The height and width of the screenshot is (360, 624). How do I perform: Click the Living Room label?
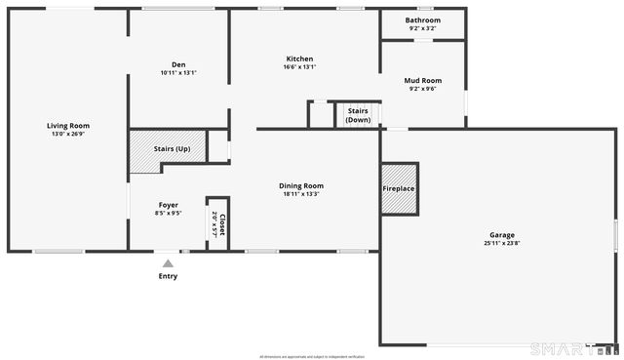[68, 125]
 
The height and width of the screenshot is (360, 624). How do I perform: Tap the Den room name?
[178, 65]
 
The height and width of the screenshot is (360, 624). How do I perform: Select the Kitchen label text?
[299, 59]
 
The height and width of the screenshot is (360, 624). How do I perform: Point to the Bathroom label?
[422, 20]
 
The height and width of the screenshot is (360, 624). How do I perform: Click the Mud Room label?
[422, 81]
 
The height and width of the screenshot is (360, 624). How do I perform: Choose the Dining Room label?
[300, 185]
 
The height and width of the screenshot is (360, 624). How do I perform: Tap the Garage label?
[502, 235]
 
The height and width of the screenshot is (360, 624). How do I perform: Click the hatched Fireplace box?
[398, 189]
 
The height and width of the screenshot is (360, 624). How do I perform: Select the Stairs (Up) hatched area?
[159, 150]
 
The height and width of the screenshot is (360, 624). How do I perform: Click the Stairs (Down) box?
[358, 115]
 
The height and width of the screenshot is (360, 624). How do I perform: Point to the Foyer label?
[169, 205]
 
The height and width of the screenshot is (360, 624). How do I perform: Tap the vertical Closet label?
[222, 225]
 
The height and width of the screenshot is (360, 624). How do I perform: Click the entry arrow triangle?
[169, 262]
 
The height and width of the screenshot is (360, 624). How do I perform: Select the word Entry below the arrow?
[169, 276]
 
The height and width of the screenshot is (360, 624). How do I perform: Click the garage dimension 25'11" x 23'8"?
[502, 243]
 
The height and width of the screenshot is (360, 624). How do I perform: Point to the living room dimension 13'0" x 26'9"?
[68, 133]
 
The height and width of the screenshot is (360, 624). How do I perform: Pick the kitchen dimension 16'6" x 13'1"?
[299, 66]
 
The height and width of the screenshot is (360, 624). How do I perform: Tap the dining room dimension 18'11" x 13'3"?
[300, 193]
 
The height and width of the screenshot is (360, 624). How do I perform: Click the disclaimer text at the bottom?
[312, 356]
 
